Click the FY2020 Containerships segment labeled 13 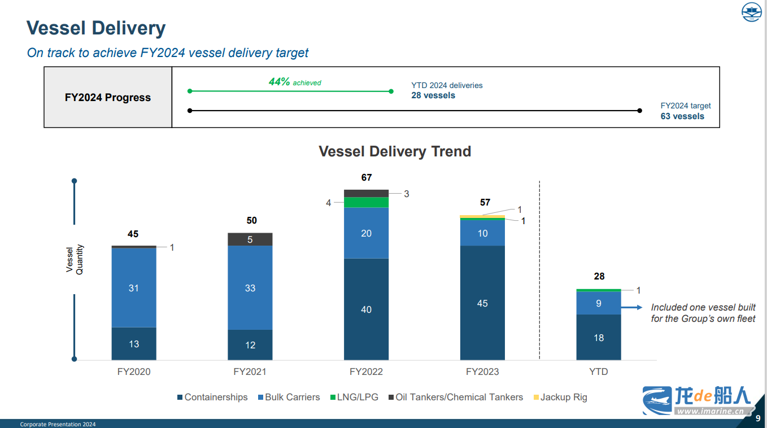[134, 344]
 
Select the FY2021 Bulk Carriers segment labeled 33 [250, 288]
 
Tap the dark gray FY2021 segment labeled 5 [250, 239]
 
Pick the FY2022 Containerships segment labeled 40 [366, 309]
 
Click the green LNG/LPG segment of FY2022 [366, 202]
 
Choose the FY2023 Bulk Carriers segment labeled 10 [482, 233]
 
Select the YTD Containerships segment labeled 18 [599, 338]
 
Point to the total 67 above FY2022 [367, 178]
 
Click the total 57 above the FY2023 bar [485, 202]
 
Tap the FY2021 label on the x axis [250, 372]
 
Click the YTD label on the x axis [599, 372]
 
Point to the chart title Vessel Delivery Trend [395, 152]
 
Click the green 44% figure [280, 82]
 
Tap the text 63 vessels [682, 116]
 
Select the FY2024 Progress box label [108, 98]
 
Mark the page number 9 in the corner [758, 418]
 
